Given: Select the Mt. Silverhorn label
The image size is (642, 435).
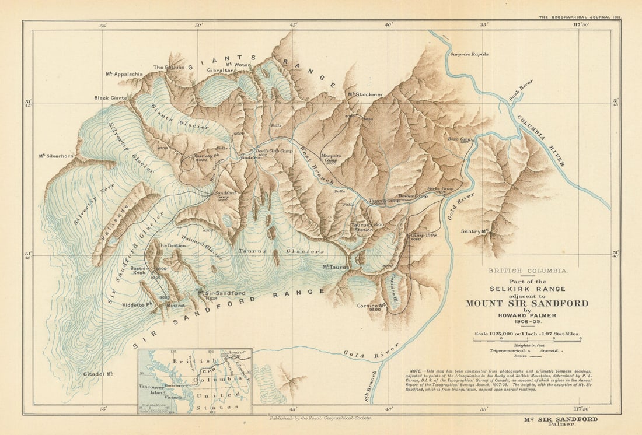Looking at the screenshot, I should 56,156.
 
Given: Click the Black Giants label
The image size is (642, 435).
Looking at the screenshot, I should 111,98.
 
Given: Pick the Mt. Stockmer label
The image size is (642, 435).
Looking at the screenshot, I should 366,94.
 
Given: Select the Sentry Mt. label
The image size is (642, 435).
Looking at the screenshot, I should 474,231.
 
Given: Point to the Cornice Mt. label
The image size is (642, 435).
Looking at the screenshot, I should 374,305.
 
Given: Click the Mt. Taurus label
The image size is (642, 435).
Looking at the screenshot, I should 335,268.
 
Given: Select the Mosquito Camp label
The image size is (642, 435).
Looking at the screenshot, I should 331,159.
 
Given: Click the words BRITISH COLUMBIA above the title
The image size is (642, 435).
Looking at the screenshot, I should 527,271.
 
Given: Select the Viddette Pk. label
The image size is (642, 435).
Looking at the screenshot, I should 137,304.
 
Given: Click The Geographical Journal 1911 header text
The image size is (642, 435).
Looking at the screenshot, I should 579,17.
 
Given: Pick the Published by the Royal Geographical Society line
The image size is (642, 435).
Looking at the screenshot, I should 319,418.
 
